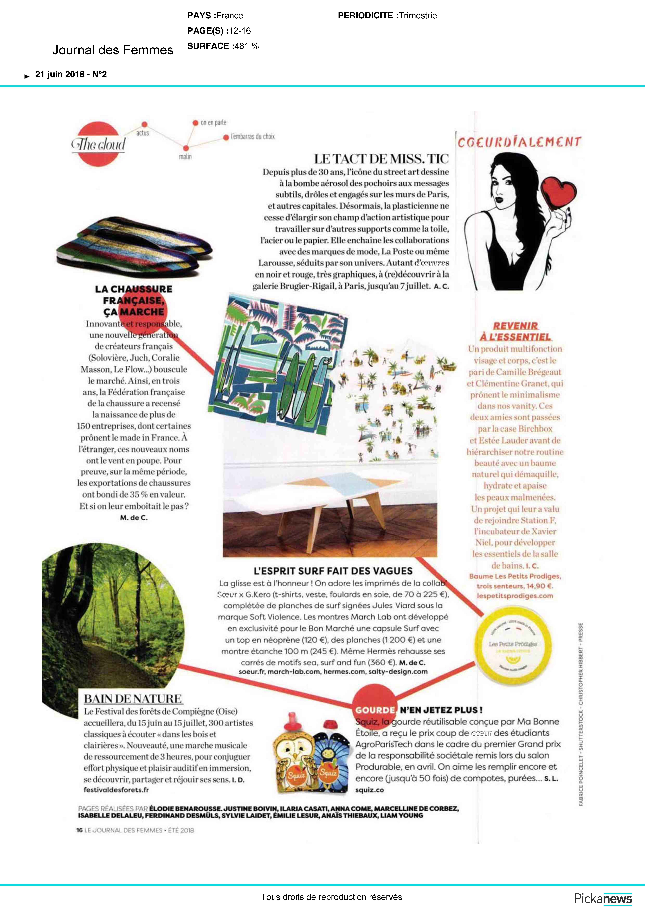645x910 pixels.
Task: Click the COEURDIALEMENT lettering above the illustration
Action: [519, 142]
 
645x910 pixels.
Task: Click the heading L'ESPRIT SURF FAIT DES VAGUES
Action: [333, 571]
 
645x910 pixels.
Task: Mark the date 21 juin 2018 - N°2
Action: [71, 74]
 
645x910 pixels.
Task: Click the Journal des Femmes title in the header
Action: [113, 50]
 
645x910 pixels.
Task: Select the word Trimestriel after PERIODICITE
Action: [419, 16]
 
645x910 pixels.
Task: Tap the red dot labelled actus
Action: [145, 125]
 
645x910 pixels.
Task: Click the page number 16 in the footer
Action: [79, 830]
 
